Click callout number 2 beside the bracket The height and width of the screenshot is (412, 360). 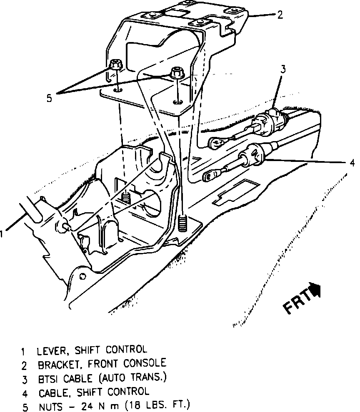(x=280, y=15)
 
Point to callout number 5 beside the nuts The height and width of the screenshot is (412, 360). (x=49, y=98)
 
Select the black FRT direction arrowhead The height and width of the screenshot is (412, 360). (x=316, y=289)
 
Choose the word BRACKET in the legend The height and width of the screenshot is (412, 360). (x=56, y=365)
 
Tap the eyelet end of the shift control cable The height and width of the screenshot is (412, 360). (x=208, y=176)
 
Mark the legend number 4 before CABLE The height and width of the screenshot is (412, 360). (x=25, y=392)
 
